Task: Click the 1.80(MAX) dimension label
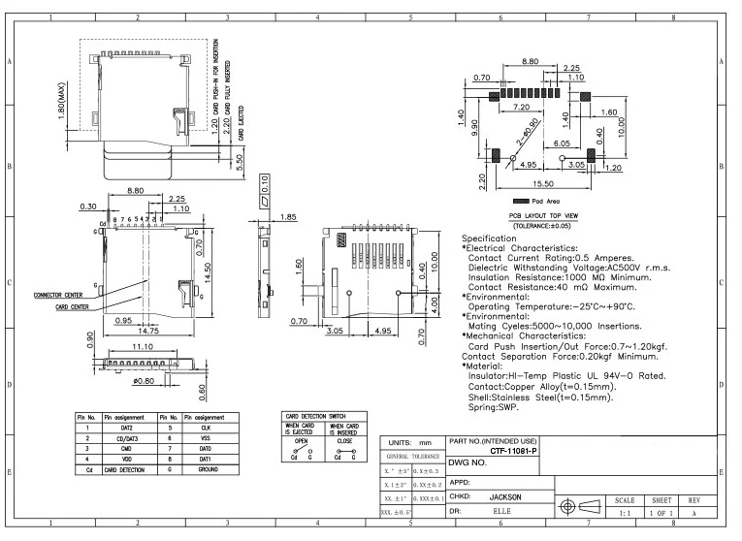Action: (61, 100)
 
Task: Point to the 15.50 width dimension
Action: (543, 183)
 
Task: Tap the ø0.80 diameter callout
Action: (143, 381)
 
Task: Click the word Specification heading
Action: (489, 238)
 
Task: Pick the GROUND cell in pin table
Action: (207, 468)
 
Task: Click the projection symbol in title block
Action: (578, 505)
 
